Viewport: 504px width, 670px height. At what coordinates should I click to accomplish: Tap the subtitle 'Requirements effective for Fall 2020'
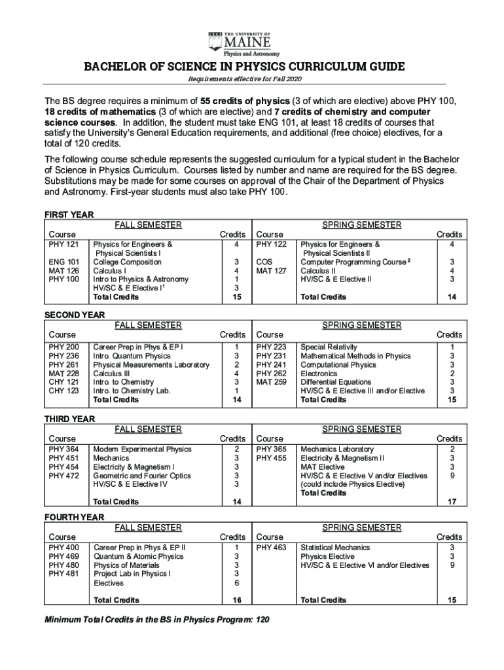pos(245,79)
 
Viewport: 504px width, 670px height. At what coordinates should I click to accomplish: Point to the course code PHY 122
pos(271,245)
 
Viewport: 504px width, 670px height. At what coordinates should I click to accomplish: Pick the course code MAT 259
pos(271,382)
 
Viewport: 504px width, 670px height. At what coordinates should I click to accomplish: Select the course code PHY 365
pos(271,450)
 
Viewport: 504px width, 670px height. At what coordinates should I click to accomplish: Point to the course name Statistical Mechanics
pos(334,548)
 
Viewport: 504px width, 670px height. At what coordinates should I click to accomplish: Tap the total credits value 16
pos(236,600)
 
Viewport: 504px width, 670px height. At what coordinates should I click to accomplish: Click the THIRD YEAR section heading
pos(69,419)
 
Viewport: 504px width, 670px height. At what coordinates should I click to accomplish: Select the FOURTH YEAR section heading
pos(73,517)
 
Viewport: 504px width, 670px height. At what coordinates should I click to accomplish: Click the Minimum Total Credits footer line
pos(156,619)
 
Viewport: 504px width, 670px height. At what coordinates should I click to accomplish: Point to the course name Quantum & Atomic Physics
pos(139,556)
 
